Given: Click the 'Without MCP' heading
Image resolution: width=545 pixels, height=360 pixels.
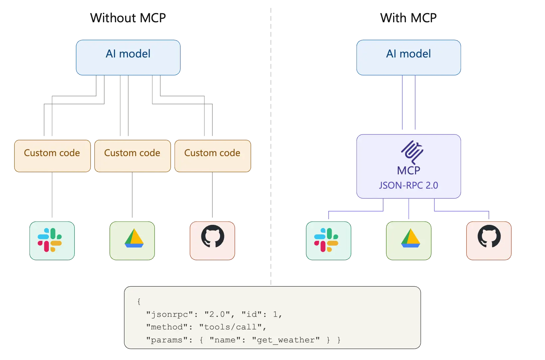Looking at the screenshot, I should click(x=128, y=18).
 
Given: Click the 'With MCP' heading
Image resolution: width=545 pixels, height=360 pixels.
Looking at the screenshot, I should click(x=408, y=18).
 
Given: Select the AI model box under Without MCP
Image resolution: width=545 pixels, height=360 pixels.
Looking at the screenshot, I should click(x=128, y=57).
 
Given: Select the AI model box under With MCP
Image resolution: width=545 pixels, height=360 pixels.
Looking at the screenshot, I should click(x=408, y=57).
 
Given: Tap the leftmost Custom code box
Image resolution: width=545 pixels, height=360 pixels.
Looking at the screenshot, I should click(x=52, y=156).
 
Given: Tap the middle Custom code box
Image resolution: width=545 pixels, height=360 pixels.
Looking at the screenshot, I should click(x=132, y=156).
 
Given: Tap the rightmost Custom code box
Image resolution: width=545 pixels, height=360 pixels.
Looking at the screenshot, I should click(x=212, y=156).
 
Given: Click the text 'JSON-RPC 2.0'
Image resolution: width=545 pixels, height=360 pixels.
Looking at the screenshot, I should click(x=408, y=185).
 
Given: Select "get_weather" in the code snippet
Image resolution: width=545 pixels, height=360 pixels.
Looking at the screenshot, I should click(x=286, y=340).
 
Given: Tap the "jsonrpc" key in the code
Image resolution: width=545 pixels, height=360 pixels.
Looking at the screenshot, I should click(x=170, y=315).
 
